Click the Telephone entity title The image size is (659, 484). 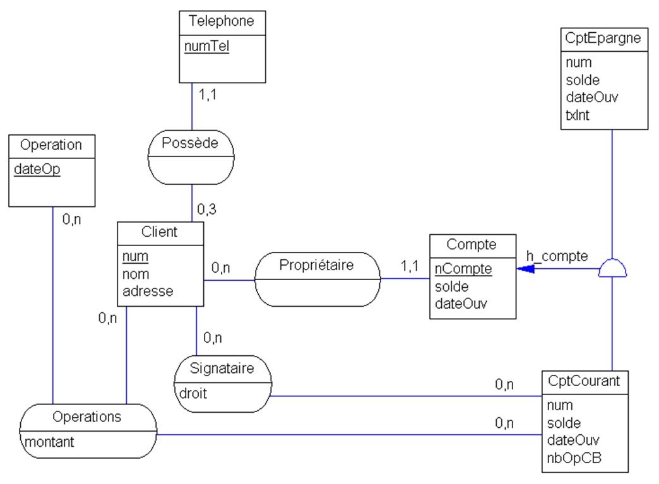(222, 21)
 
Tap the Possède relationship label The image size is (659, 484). (190, 143)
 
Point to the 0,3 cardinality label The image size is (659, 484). (206, 209)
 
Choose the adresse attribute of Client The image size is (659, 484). (148, 291)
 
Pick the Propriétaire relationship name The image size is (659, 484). (317, 266)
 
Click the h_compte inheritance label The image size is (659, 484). (557, 256)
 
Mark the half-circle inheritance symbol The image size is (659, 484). (612, 269)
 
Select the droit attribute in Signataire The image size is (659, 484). (189, 393)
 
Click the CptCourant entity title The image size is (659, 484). (585, 381)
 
